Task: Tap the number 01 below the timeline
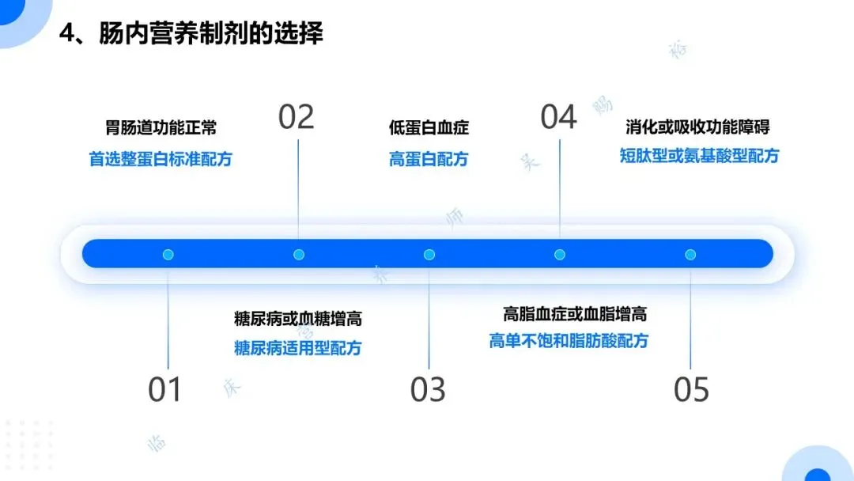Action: click(x=165, y=390)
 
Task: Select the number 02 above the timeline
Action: click(x=297, y=117)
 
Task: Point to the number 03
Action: click(x=428, y=390)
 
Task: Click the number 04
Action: click(x=558, y=117)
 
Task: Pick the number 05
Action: click(x=691, y=390)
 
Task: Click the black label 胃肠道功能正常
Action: click(x=161, y=127)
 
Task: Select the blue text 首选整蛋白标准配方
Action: click(x=161, y=159)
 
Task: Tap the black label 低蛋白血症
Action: click(x=429, y=127)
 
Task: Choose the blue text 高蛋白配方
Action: click(x=429, y=159)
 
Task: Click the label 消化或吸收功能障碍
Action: click(x=697, y=126)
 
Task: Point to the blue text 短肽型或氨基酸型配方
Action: click(x=699, y=156)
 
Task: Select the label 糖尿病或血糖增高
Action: click(x=298, y=319)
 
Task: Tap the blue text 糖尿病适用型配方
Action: click(x=298, y=348)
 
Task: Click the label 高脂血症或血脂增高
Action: click(x=575, y=314)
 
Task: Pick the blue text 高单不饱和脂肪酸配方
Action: click(x=569, y=342)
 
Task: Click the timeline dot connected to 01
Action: click(x=168, y=255)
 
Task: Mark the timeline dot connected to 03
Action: click(x=429, y=255)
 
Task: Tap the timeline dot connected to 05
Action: click(x=690, y=255)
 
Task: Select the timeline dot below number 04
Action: click(x=560, y=255)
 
